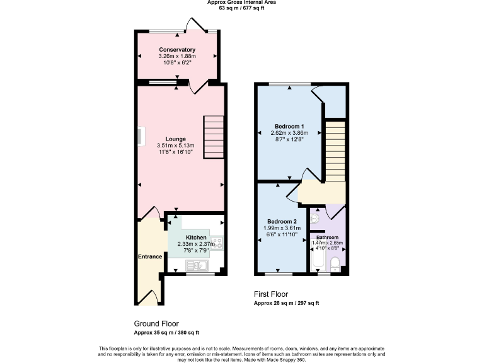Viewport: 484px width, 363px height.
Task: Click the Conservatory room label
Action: coord(177,50)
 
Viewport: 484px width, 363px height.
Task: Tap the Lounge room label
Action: coord(176,139)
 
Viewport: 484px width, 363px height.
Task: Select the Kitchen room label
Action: coord(195,238)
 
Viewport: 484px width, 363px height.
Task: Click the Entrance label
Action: coord(151,256)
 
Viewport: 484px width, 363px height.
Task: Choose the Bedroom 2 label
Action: coord(281,221)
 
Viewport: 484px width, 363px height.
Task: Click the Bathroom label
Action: coord(327,238)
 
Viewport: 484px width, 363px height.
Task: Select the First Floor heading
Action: coord(272,294)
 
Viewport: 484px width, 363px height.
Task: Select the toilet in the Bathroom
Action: coord(336,263)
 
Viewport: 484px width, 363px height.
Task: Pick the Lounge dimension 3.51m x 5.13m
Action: coord(176,146)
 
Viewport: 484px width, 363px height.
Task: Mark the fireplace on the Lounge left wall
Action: coord(140,137)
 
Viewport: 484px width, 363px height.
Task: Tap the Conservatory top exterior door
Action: coord(194,25)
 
